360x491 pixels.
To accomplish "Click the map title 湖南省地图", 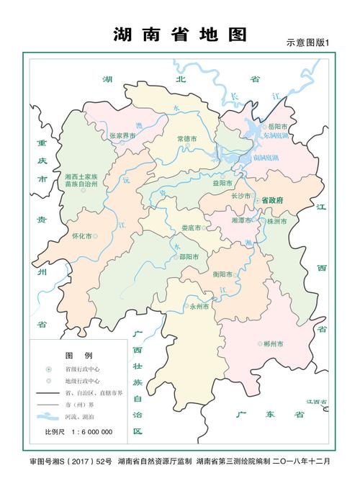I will click(180, 35).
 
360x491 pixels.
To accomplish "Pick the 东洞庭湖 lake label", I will click(275, 135).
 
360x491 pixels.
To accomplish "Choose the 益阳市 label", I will click(222, 183).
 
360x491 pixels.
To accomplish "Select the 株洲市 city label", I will click(276, 222).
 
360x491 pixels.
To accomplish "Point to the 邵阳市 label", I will click(191, 256).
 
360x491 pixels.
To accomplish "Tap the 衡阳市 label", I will click(224, 274).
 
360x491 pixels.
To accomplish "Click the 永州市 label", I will click(199, 305).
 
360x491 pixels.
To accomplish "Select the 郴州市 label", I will click(274, 344).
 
